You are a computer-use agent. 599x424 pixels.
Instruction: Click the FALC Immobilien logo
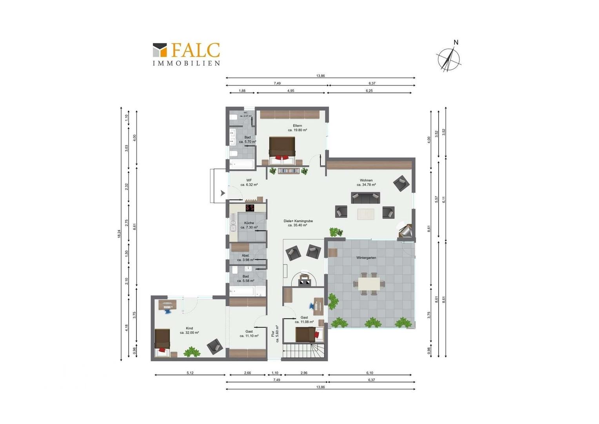coord(186,54)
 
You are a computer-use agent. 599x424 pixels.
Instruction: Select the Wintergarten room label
coord(366,258)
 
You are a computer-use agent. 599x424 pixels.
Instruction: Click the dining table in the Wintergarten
coord(369,283)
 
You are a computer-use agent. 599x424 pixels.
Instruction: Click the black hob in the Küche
coord(250,208)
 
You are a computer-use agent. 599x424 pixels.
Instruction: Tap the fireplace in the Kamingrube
coord(305,280)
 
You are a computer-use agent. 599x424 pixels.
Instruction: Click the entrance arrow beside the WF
coord(223,193)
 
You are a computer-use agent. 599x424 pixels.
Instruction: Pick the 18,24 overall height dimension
coord(119,234)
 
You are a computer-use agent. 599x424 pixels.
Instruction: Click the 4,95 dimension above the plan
coord(290,91)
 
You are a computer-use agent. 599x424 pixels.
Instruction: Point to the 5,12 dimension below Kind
coord(190,373)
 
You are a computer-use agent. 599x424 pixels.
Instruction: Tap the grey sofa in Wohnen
coord(365,197)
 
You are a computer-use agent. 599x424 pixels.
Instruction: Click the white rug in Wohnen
coord(365,214)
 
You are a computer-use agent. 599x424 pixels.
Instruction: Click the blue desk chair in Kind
coord(168,311)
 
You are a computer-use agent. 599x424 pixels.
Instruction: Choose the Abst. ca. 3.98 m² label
coord(245,258)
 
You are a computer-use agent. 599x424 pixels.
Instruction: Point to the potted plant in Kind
coord(192,351)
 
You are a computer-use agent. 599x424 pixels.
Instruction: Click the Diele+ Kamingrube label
coord(298,223)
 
